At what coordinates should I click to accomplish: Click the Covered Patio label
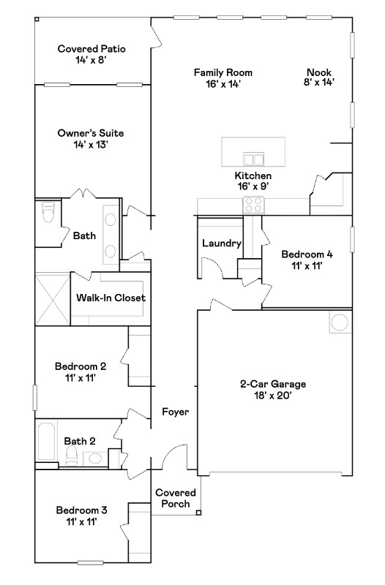[x=91, y=49]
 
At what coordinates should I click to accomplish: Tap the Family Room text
[x=223, y=72]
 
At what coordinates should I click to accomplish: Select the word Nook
[x=319, y=72]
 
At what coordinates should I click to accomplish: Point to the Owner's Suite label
[x=91, y=133]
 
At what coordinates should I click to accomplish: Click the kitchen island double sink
[x=254, y=159]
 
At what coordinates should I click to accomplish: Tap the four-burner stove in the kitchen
[x=253, y=205]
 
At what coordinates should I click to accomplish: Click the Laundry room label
[x=221, y=244]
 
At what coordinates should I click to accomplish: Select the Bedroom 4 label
[x=307, y=254]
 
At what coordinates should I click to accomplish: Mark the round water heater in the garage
[x=340, y=322]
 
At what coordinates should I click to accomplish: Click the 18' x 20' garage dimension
[x=272, y=396]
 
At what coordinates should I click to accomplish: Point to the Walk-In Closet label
[x=111, y=298]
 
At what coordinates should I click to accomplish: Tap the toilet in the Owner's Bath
[x=48, y=213]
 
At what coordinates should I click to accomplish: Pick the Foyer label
[x=175, y=412]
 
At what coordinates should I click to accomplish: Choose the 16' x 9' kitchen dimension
[x=253, y=187]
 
